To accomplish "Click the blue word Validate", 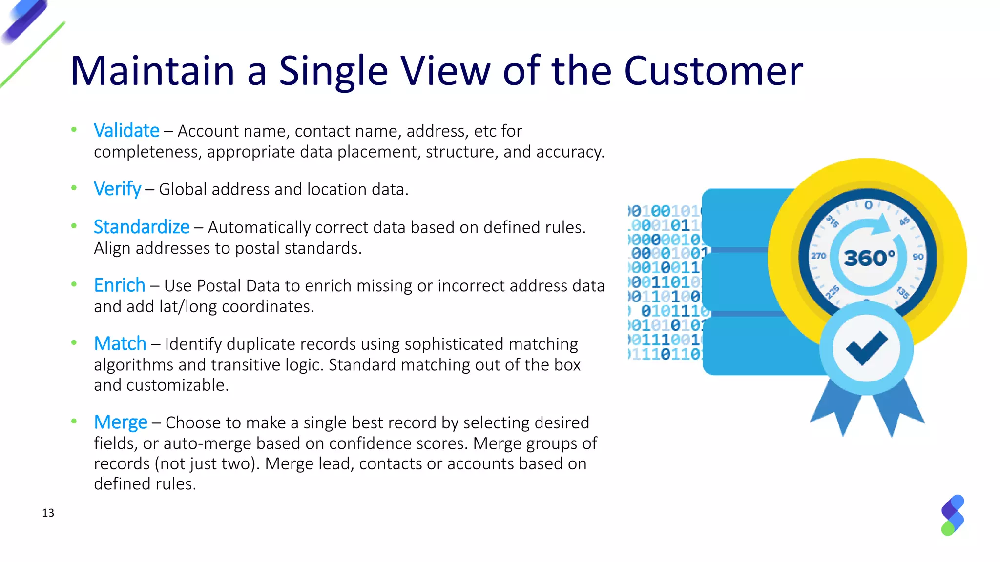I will point(126,131).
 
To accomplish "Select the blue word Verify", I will point(117,189).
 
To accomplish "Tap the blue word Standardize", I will point(141,227).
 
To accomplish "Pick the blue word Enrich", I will point(119,285).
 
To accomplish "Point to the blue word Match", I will point(120,344).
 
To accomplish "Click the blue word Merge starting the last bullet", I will point(120,422).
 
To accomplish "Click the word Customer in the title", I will point(713,71).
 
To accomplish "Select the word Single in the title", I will point(333,71).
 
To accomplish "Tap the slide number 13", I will point(48,513).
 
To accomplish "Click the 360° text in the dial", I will point(870,258).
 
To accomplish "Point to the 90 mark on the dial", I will point(918,257).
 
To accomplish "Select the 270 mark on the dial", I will point(818,256).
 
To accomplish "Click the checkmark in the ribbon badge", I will point(866,347).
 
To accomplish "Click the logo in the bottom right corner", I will point(952,515).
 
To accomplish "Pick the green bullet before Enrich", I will point(74,284).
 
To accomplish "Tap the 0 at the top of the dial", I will point(868,205).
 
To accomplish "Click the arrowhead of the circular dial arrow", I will point(881,225).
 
